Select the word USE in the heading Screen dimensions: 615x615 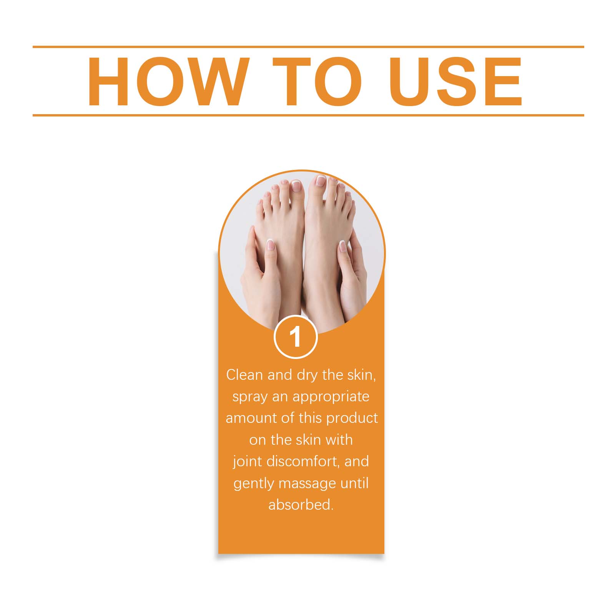[456, 81]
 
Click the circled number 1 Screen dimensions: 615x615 [296, 337]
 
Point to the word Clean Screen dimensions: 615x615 [244, 375]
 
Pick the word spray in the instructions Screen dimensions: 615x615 [250, 397]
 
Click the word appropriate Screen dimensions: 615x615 [331, 397]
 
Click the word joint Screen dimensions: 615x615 [246, 461]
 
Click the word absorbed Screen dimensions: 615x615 [301, 504]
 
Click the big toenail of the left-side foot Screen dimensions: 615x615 [296, 186]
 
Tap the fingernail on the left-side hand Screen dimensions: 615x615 [270, 245]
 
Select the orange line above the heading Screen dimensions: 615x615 [308, 47]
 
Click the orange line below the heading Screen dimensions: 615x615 [308, 115]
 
